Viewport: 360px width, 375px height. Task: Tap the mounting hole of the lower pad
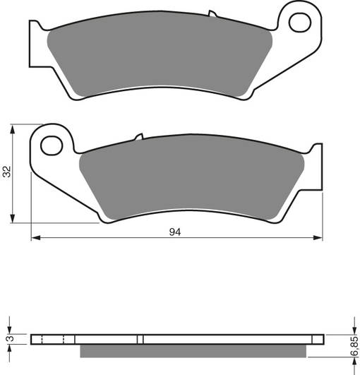51,146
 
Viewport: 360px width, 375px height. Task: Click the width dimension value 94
175,231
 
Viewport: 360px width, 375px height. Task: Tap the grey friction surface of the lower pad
191,180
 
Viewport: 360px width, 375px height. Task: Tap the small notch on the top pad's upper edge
211,14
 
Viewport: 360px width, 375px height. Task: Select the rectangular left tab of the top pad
37,42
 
